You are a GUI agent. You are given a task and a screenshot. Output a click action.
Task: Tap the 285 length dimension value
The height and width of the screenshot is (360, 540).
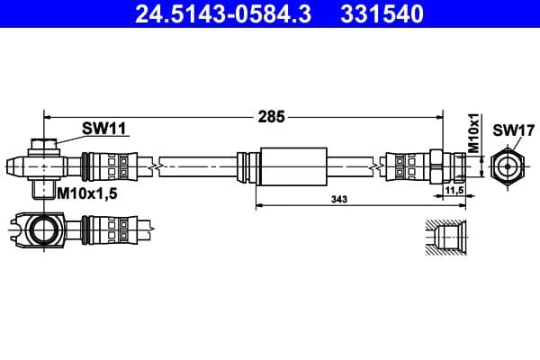coord(271,116)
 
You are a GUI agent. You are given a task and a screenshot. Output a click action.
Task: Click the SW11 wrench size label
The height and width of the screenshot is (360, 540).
coord(103,129)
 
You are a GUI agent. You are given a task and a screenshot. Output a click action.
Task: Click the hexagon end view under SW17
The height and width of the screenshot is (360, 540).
coord(509,166)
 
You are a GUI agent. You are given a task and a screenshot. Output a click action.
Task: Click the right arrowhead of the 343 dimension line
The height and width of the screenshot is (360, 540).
coord(440,206)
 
